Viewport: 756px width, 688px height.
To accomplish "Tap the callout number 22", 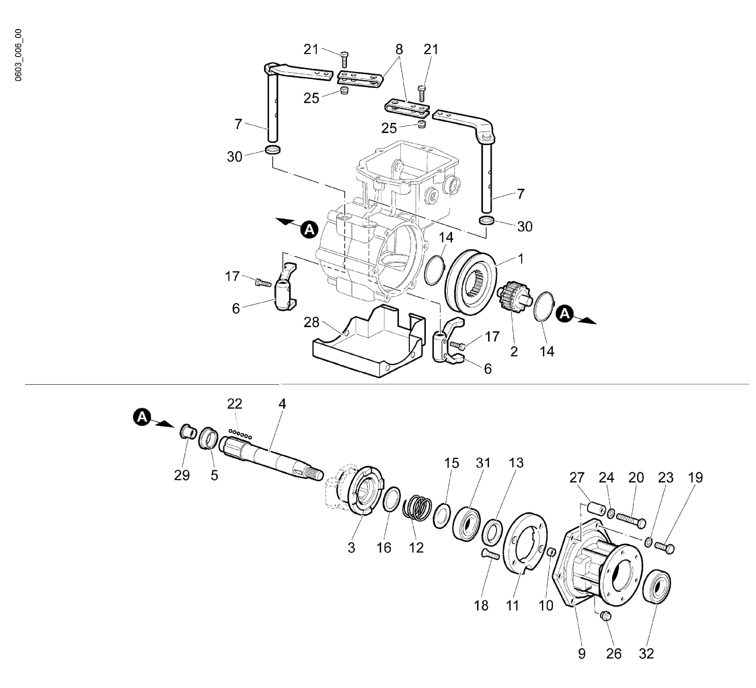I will click(x=235, y=404).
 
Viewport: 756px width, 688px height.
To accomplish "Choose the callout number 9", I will click(x=582, y=654).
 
